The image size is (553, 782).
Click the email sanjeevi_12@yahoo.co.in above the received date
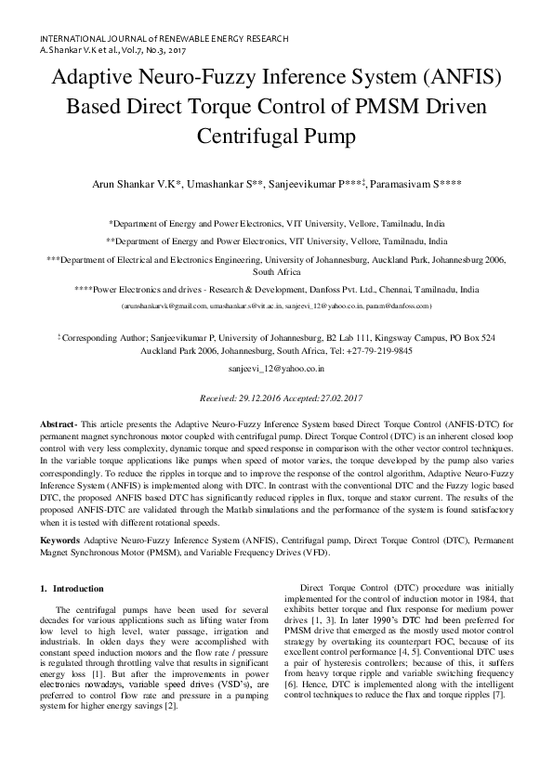[276, 368]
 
